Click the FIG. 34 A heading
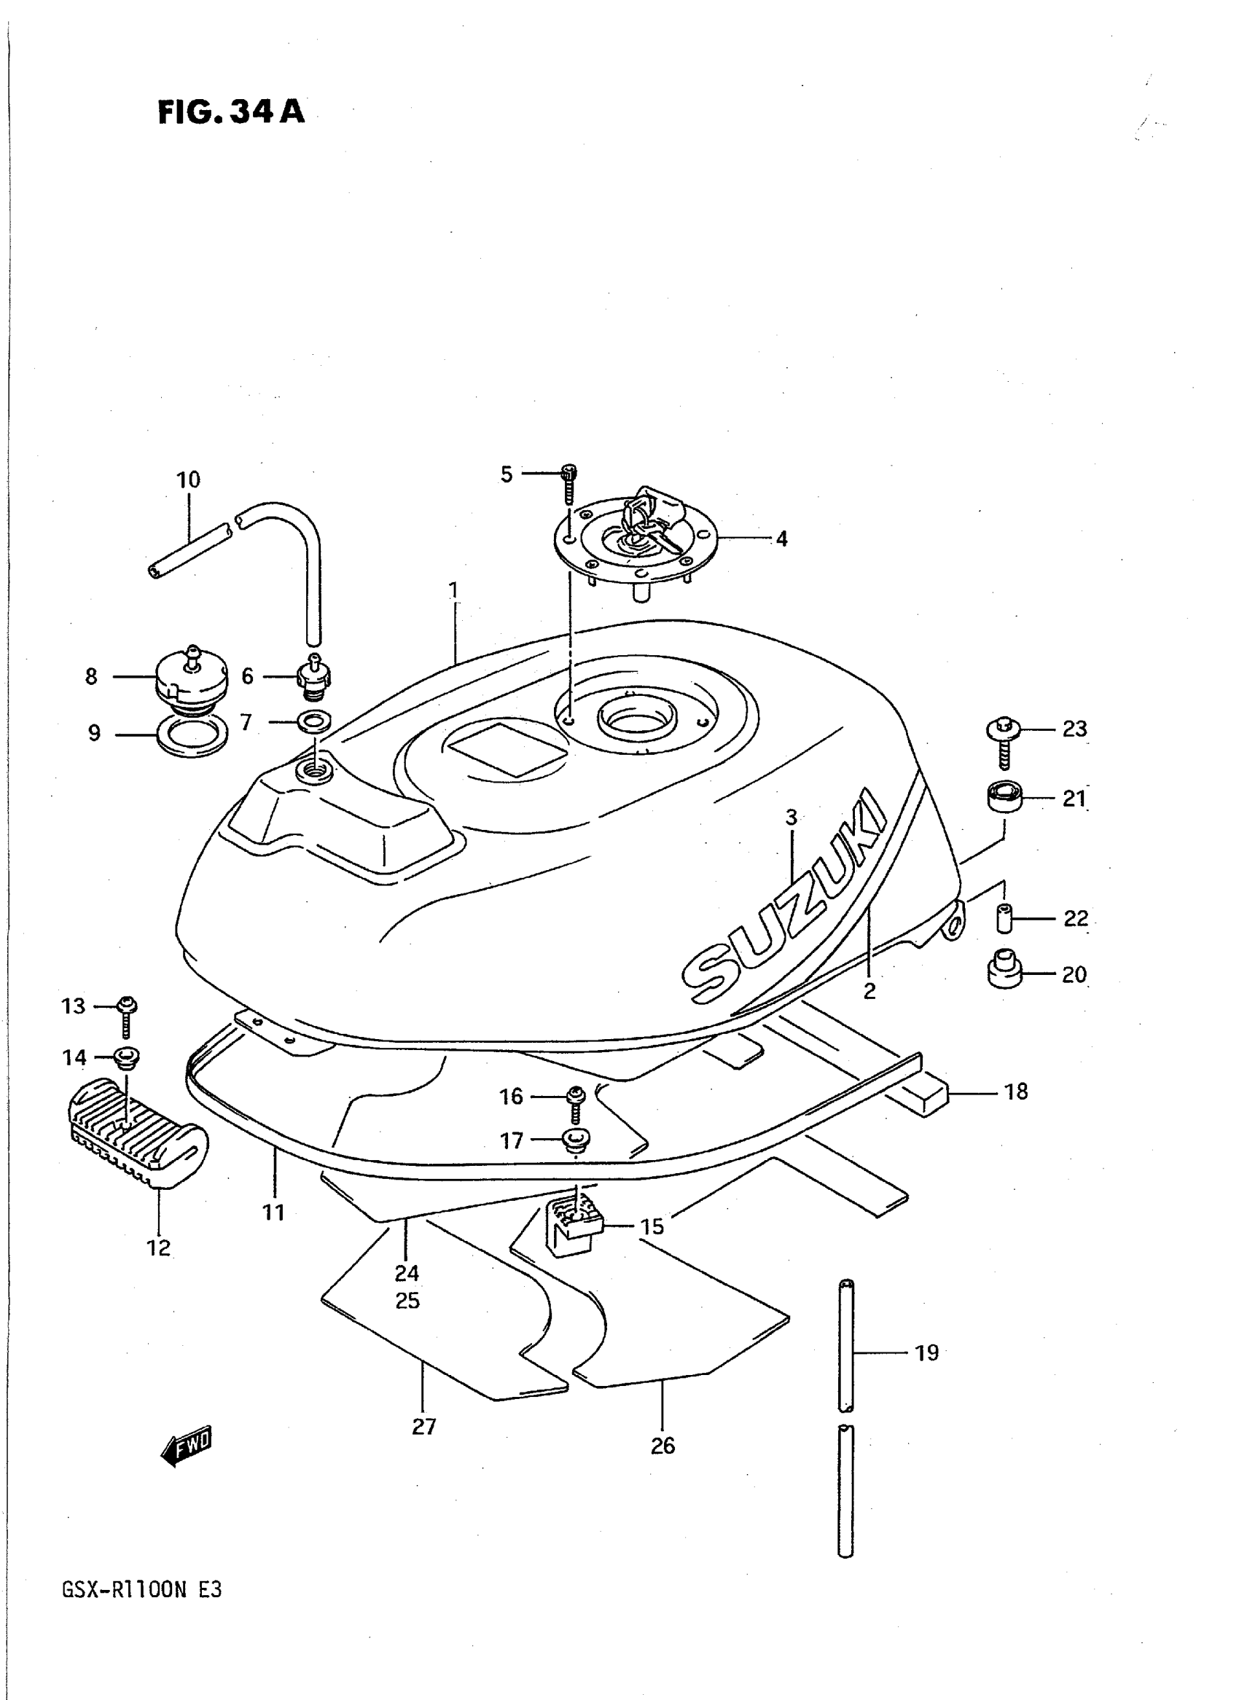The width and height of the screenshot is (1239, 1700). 231,112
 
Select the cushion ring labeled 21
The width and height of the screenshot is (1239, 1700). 1003,797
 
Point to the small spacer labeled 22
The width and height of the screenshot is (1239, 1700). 1004,919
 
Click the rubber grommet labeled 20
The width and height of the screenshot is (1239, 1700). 1003,973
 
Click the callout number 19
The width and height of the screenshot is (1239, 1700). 927,1353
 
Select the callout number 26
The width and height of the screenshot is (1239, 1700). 663,1446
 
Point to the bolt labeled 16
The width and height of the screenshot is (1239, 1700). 575,1102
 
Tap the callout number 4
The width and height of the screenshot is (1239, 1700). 781,539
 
